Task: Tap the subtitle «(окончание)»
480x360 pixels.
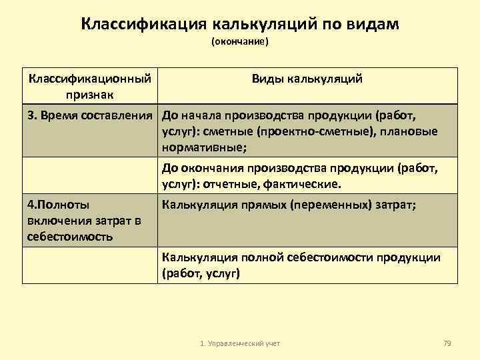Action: point(239,42)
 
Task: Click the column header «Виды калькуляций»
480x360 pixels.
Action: point(307,79)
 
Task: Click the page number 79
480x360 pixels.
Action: point(447,343)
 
